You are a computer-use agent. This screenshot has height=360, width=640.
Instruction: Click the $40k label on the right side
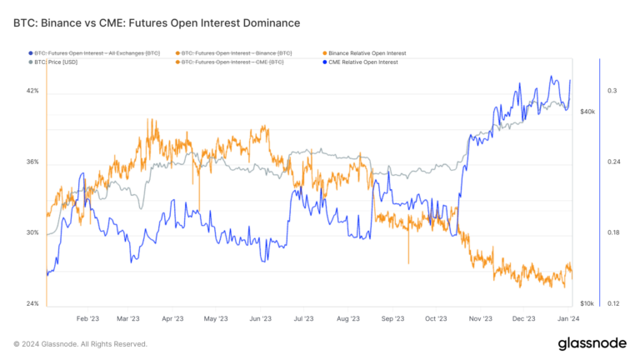587,111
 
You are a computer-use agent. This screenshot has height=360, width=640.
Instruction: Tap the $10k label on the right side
587,303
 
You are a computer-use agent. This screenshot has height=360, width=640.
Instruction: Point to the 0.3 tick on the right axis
611,91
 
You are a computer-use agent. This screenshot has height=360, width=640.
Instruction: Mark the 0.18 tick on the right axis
612,232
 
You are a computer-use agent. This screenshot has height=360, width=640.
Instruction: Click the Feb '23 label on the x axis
87,318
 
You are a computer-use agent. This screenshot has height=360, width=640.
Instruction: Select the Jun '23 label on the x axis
261,318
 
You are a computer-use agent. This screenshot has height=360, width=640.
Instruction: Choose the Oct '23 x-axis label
436,318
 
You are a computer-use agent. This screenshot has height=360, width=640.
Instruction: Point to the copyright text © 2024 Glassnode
81,343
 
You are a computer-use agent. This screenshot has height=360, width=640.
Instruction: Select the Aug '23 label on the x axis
347,318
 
